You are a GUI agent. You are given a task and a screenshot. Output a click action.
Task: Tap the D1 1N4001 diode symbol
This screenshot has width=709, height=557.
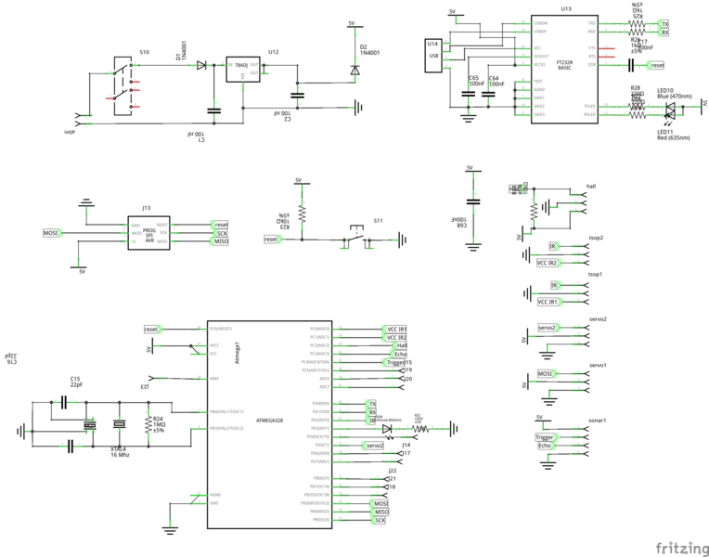(201, 65)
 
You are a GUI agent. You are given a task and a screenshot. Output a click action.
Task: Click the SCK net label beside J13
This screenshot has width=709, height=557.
(221, 233)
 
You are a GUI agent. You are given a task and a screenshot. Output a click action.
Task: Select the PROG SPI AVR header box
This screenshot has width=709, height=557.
(148, 233)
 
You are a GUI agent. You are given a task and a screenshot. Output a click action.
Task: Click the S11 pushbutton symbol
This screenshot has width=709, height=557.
(355, 236)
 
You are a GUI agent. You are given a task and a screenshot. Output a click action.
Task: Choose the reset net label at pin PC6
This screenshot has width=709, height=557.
(153, 329)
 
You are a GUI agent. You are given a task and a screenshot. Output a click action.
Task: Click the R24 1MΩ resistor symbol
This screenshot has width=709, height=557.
(148, 424)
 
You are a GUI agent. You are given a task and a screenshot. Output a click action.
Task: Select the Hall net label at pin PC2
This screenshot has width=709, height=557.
(400, 345)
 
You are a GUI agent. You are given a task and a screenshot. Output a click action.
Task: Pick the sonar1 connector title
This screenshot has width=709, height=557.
(598, 420)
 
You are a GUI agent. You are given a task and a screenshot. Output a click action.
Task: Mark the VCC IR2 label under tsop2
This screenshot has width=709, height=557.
(548, 263)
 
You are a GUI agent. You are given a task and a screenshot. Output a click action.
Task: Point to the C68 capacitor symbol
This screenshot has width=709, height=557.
(473, 201)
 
